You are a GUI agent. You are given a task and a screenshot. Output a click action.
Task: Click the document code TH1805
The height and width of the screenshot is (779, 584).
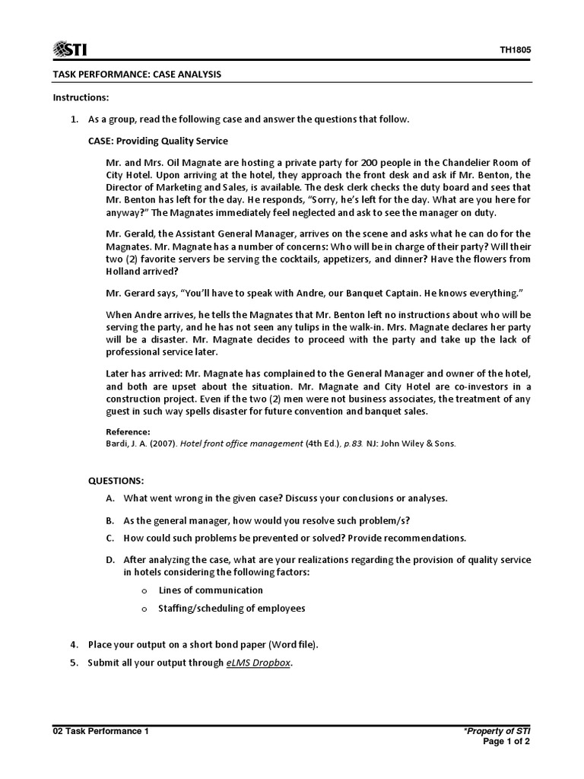pyautogui.click(x=515, y=50)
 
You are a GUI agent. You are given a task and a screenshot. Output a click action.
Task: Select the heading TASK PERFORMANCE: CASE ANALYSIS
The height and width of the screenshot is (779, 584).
pyautogui.click(x=137, y=75)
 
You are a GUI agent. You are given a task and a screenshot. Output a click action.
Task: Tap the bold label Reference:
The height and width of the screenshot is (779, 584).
pyautogui.click(x=129, y=431)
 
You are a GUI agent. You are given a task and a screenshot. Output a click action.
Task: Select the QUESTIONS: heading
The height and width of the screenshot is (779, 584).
pyautogui.click(x=116, y=482)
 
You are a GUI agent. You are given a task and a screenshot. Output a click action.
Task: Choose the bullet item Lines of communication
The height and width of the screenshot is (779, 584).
pyautogui.click(x=211, y=590)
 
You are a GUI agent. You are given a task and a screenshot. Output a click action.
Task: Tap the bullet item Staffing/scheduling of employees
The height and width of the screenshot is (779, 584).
pyautogui.click(x=231, y=608)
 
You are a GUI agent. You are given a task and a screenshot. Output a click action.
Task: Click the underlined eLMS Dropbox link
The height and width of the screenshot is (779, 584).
pyautogui.click(x=259, y=663)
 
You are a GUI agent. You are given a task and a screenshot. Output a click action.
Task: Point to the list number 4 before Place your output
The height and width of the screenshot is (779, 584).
pyautogui.click(x=75, y=644)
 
